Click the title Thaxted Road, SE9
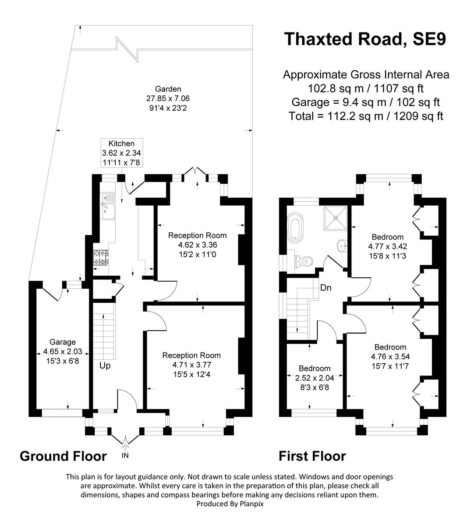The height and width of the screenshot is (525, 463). tap(365, 38)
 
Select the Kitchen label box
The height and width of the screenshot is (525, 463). tap(121, 153)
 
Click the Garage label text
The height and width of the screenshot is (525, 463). tap(62, 342)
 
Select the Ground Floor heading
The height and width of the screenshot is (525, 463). tap(63, 456)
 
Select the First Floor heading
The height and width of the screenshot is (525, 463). tap(312, 456)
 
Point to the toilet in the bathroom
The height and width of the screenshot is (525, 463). tap(304, 261)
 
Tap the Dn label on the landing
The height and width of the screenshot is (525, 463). tap(326, 288)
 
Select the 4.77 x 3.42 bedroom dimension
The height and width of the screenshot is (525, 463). tap(387, 246)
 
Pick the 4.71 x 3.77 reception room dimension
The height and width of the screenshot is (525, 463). tap(191, 364)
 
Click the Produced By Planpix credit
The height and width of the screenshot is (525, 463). tap(230, 504)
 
